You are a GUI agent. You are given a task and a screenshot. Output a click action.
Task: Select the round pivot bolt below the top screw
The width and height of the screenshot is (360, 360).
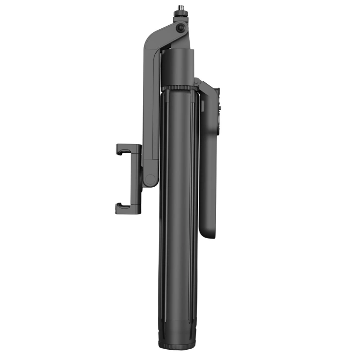(181, 29)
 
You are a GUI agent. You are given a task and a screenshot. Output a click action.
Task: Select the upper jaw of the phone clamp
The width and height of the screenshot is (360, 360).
(127, 149)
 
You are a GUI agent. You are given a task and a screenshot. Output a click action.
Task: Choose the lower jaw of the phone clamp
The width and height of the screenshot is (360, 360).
(127, 208)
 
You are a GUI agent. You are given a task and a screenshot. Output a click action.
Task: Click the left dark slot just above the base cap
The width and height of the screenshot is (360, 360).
(166, 319)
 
